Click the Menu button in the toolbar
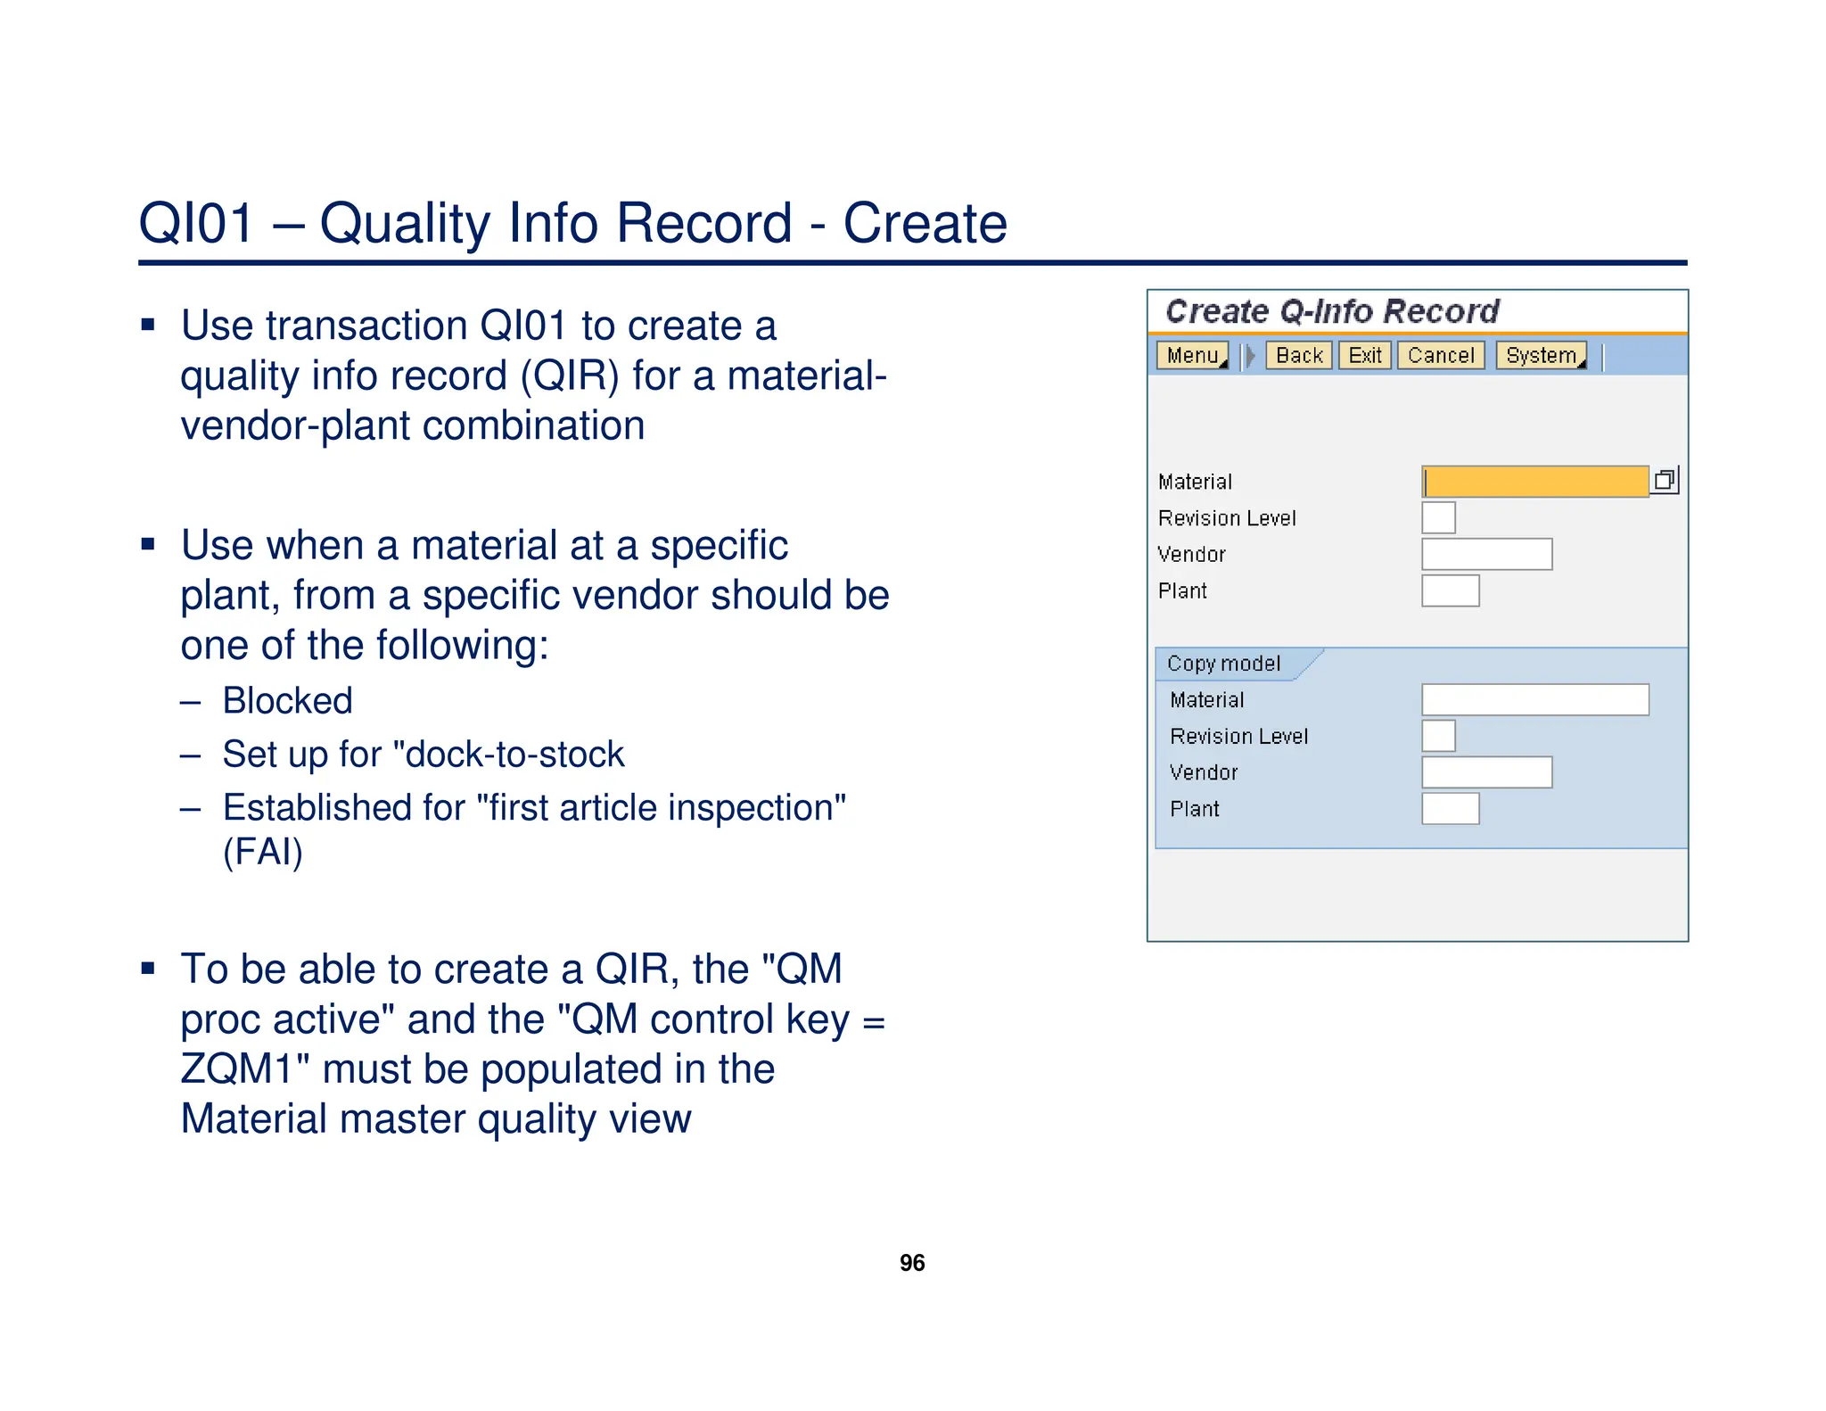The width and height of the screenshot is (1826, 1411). (x=1192, y=356)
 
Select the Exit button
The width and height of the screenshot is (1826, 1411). (x=1364, y=356)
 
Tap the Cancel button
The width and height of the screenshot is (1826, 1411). (x=1441, y=356)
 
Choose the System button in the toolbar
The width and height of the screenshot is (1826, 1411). (x=1542, y=356)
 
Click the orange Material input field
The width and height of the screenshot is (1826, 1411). (x=1534, y=482)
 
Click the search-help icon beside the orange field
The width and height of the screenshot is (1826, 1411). (x=1665, y=481)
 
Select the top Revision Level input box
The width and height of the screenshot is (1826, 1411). (x=1438, y=518)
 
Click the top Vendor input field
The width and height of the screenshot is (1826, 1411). (x=1486, y=555)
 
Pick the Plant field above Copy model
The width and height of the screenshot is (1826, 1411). (x=1450, y=591)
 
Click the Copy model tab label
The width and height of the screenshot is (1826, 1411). (x=1223, y=664)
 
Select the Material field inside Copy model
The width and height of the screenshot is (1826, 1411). (x=1534, y=700)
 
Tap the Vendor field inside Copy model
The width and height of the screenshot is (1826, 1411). (x=1486, y=772)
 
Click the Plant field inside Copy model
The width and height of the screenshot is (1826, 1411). (x=1450, y=809)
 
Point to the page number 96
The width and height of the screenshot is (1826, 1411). (x=912, y=1263)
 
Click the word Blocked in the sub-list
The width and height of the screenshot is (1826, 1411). (x=287, y=701)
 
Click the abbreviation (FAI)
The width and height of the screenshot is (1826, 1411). (x=263, y=852)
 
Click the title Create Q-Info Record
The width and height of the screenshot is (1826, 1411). (x=1332, y=311)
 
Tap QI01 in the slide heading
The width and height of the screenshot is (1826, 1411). (x=197, y=223)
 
